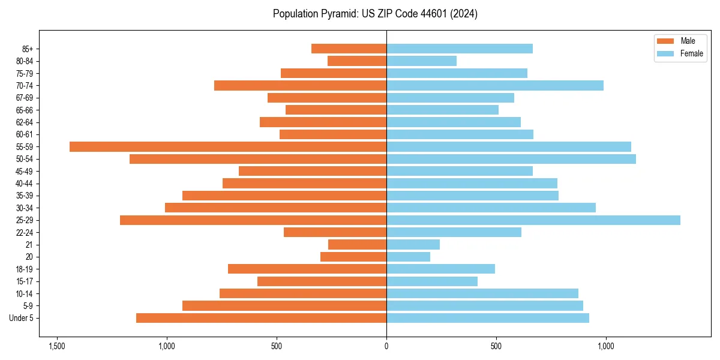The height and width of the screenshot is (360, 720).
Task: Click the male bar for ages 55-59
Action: tap(228, 146)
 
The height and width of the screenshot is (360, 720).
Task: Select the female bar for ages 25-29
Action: tap(533, 220)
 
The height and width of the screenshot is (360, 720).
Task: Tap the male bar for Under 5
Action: tap(261, 318)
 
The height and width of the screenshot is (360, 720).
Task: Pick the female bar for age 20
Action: tap(408, 257)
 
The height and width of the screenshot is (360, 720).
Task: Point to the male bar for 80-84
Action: tap(357, 61)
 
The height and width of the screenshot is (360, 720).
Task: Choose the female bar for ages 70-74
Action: tap(494, 85)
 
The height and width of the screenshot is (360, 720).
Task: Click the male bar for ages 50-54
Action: tap(258, 159)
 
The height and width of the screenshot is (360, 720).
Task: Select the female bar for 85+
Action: tap(459, 49)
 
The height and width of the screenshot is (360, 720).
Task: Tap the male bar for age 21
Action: tap(357, 244)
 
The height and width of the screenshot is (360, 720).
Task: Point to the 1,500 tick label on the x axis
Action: tap(57, 347)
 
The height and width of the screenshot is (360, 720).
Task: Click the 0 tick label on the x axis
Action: tap(386, 347)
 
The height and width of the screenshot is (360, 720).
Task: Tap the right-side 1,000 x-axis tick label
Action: tap(605, 347)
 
